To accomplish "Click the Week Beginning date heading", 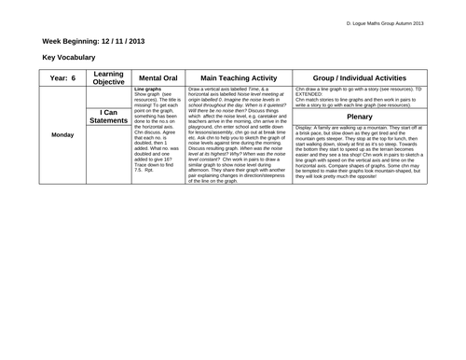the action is click(93, 41).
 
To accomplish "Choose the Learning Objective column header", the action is click(110, 79).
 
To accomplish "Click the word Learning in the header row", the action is click(110, 75).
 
